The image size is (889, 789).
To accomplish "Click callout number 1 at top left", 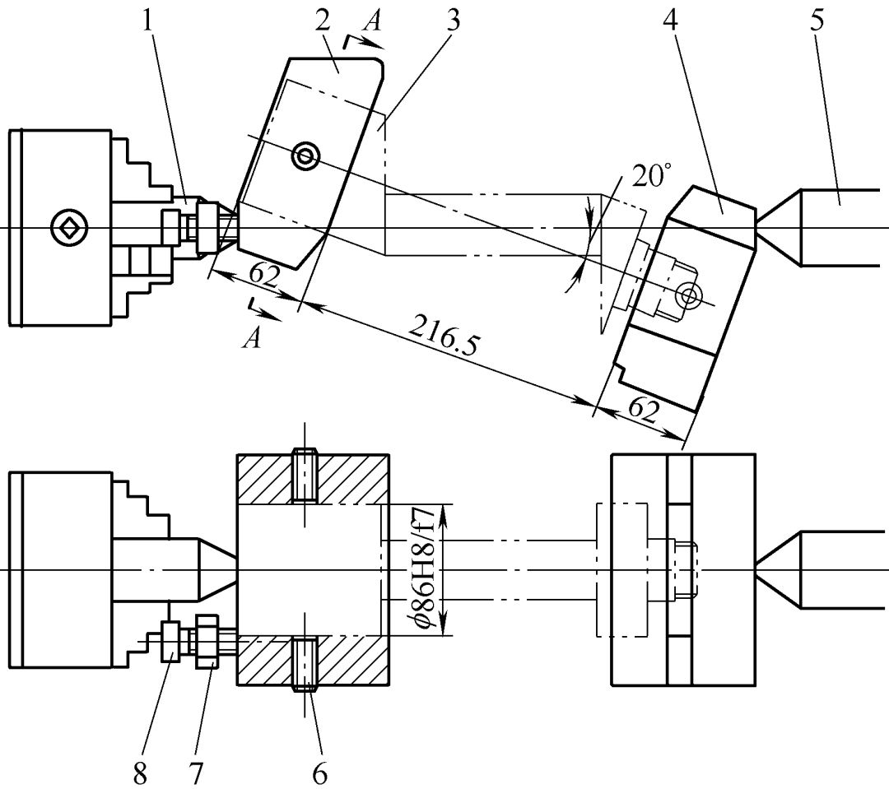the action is point(148,21).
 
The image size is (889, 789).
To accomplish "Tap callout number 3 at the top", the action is point(452,21).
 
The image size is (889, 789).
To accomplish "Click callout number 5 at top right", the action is point(817,21).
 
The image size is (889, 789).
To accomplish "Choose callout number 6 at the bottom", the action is point(319,772).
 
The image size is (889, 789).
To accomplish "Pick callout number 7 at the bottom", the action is point(196,772).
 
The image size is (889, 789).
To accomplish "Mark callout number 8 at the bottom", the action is point(139,772).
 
